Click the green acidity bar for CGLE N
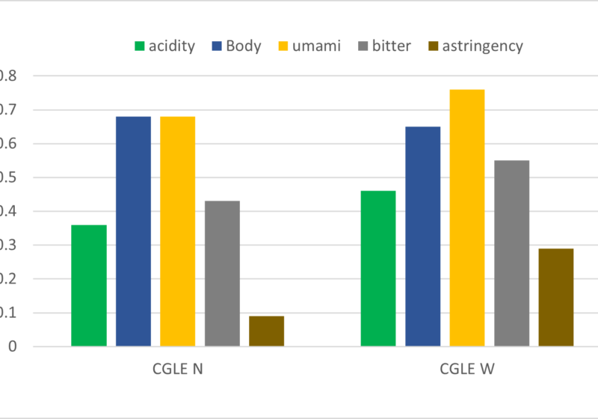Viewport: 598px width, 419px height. click(89, 285)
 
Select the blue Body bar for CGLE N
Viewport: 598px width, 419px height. click(133, 231)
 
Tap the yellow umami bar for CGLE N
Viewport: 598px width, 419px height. click(177, 231)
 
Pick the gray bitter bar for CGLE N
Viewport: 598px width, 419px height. click(222, 273)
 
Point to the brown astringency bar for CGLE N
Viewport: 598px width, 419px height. click(266, 331)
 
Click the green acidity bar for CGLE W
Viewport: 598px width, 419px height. click(378, 269)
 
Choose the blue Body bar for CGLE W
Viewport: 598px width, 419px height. click(423, 236)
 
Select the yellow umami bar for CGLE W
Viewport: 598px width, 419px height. click(467, 218)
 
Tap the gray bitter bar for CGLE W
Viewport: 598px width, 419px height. click(511, 253)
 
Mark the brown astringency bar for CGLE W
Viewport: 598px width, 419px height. click(556, 297)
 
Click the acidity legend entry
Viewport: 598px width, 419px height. click(164, 46)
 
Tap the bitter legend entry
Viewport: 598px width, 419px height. click(383, 46)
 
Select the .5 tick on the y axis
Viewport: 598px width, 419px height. click(7, 178)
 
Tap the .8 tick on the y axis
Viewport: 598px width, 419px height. click(7, 76)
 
